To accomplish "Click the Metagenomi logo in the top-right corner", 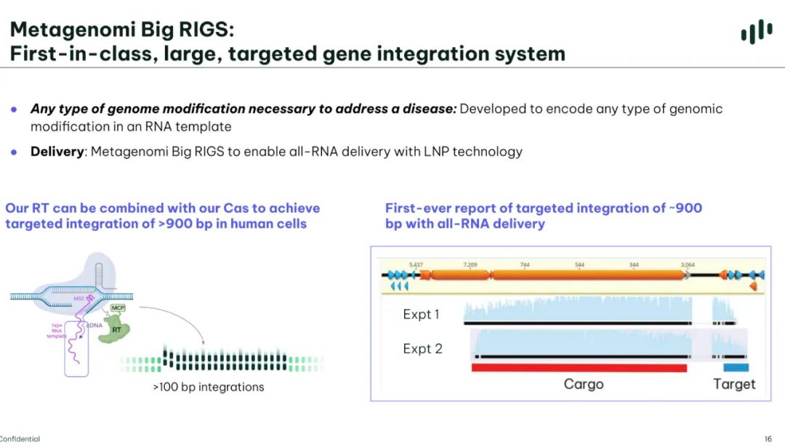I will (x=757, y=32).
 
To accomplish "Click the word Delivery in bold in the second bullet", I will (x=58, y=152).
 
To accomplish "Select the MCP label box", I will (x=118, y=308).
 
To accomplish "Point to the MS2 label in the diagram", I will (x=78, y=298).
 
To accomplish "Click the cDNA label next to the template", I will (x=93, y=326).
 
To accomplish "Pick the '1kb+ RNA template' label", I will (x=57, y=331).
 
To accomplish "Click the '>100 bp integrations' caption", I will (x=208, y=387).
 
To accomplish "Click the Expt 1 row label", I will (x=422, y=314).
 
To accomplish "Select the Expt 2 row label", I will (x=422, y=349).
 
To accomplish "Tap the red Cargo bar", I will (x=579, y=368).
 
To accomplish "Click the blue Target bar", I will (x=735, y=368).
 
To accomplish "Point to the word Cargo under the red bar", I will (x=584, y=384).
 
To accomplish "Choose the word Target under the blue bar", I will (x=734, y=384).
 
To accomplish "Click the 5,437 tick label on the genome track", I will (x=416, y=265).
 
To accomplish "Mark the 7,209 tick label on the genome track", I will (x=470, y=265).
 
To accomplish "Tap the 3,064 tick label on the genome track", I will (x=688, y=265).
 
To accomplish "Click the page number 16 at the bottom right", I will (x=768, y=439).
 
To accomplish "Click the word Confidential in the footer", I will (x=20, y=439).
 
